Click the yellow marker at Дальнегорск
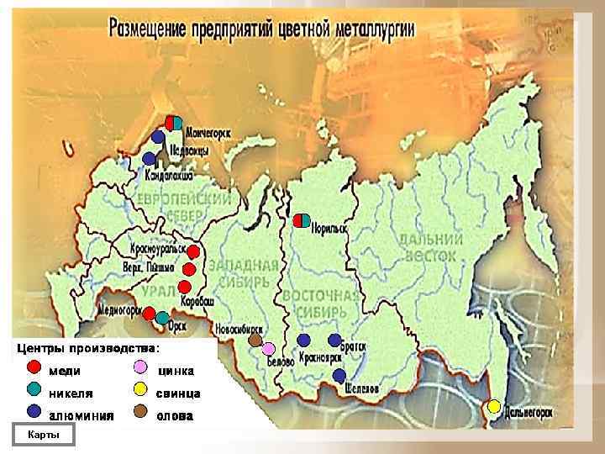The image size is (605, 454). coord(495,406)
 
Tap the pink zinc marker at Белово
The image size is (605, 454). coord(268,348)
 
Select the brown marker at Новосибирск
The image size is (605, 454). coord(255,340)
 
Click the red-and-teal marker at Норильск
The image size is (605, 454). coord(302,221)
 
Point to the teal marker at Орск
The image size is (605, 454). coord(162,318)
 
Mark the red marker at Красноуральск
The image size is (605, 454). coord(193,251)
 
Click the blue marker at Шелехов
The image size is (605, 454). coord(339,375)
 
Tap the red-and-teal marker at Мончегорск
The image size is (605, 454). coord(173,123)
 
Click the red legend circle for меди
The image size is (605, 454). coord(33,367)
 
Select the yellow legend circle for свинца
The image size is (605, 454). coord(141,389)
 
